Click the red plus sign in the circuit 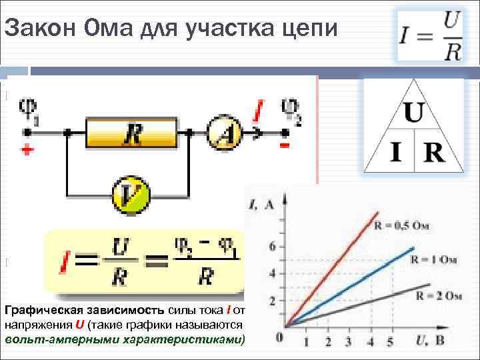click(27, 151)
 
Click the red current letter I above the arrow click(259, 111)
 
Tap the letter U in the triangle click(413, 113)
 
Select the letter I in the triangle click(395, 153)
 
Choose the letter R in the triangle click(433, 153)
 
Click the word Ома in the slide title click(108, 29)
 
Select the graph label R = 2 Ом click(438, 294)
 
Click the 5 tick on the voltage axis click(391, 341)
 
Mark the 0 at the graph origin click(279, 338)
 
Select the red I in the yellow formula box click(64, 263)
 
